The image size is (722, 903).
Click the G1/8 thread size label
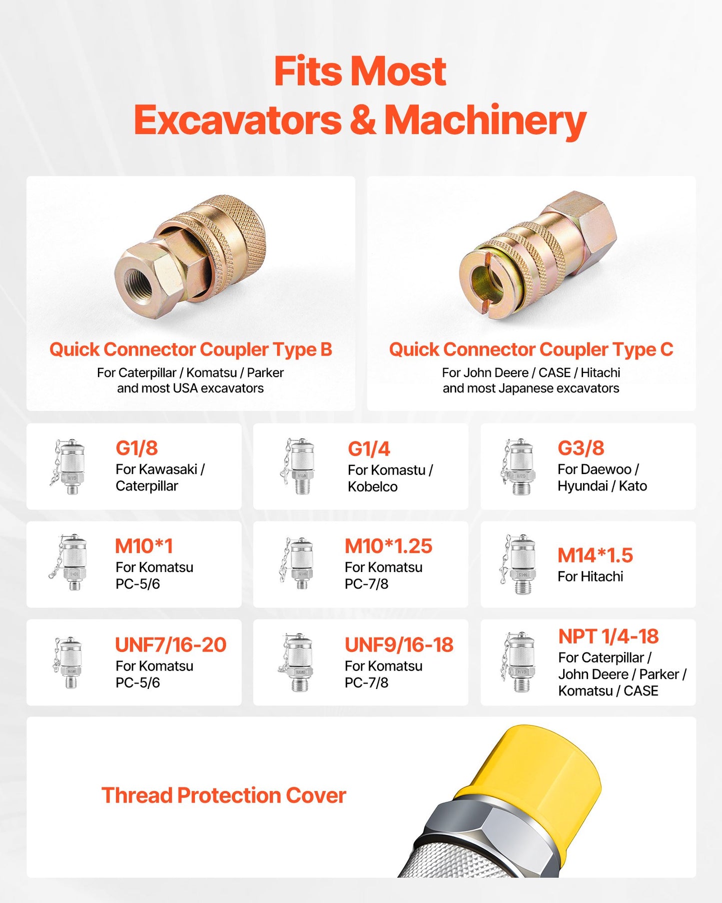136,448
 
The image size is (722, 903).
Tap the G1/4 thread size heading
369,449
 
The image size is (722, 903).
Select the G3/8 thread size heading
581,448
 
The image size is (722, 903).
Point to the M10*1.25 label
388,546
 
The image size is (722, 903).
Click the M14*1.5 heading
595,555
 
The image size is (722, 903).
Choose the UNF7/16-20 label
170,644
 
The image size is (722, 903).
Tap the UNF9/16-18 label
399,644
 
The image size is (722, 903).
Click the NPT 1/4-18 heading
608,636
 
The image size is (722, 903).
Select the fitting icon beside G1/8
69,466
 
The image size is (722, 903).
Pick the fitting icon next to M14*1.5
520,564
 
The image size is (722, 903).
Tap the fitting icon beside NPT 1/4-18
520,662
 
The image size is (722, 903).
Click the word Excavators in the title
238,120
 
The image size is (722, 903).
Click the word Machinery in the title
485,120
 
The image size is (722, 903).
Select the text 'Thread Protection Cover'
223,795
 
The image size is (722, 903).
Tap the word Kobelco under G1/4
372,486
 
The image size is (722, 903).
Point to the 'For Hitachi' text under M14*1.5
590,576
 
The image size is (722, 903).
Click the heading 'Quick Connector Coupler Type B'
190,349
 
